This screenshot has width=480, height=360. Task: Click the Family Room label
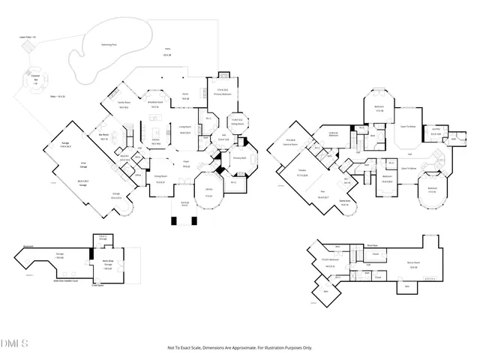coord(123,103)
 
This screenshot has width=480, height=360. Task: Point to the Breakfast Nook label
coord(156,103)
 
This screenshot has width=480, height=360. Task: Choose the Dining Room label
coord(160,179)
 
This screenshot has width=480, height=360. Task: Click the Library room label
coord(209,189)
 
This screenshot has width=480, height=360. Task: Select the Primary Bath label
coord(239,158)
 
